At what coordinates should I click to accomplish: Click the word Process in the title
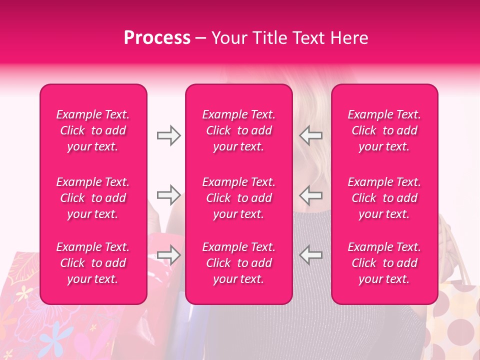(157, 38)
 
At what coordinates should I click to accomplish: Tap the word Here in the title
(350, 38)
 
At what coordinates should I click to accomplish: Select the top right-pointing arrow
(168, 135)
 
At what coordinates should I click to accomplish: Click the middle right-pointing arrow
(168, 194)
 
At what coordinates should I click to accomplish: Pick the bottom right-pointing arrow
(168, 254)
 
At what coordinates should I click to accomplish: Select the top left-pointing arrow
(310, 135)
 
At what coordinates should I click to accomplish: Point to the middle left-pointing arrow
(310, 194)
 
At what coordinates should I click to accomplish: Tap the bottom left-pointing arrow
(310, 254)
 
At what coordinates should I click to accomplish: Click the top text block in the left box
(93, 130)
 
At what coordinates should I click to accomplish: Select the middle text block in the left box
(93, 198)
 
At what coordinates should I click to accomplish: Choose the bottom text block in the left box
(93, 263)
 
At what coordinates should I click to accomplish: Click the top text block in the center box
(238, 130)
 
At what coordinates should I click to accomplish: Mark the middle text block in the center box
(238, 198)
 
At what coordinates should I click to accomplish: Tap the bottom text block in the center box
(238, 263)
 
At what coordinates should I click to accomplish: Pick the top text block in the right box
(384, 130)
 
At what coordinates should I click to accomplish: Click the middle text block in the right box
(384, 198)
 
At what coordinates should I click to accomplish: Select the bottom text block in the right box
(384, 263)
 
